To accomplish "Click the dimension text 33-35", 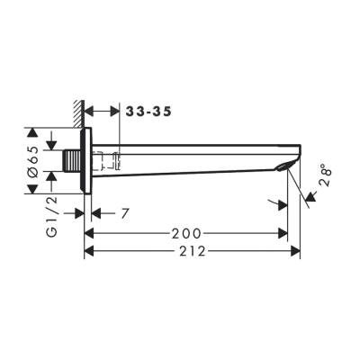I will pos(147,112).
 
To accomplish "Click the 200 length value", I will pos(186,234).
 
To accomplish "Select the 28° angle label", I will pos(325,176).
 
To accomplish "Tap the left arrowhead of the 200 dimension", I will pos(89,234).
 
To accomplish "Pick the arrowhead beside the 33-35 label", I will pos(113,112).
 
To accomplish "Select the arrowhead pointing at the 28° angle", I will pos(310,193).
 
